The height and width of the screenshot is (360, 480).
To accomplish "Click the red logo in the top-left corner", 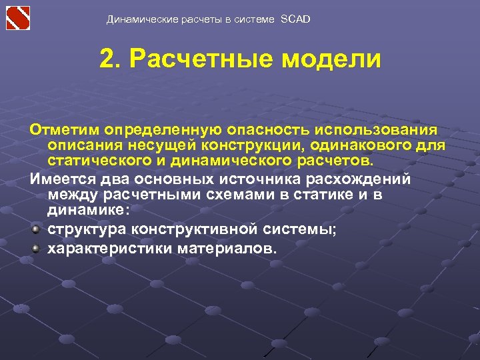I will tap(18, 17).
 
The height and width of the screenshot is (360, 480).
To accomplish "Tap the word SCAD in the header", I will tap(295, 19).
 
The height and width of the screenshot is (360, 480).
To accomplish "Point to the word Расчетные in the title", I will tap(204, 59).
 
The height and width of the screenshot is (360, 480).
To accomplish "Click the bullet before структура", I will tap(35, 230).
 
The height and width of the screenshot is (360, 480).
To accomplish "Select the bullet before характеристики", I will tap(35, 249).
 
